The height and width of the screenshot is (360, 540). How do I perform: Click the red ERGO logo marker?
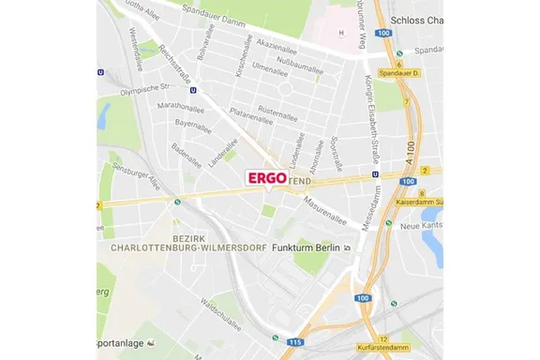pos(266,177)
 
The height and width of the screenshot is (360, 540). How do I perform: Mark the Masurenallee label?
pos(324,214)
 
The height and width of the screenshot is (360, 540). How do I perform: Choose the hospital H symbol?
pos(341,34)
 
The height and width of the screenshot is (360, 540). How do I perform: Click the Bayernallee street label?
pos(193,124)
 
